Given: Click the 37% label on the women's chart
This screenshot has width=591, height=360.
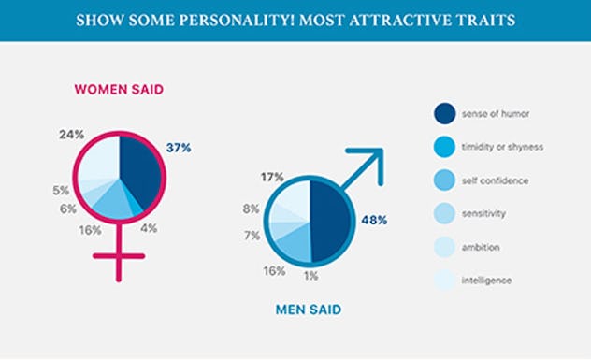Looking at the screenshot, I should tap(179, 148).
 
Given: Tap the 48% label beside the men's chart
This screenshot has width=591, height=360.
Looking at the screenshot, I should tap(372, 220).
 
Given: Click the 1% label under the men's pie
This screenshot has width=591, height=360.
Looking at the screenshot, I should tap(310, 276).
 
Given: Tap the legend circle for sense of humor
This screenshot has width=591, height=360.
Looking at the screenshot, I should tap(444, 113).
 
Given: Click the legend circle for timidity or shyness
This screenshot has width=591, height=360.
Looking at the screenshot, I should tap(444, 147).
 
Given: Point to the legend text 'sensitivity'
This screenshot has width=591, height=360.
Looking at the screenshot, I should tap(484, 214).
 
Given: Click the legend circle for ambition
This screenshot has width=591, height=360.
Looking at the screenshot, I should tap(444, 247).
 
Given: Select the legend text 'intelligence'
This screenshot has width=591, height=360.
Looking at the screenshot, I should tap(487, 281).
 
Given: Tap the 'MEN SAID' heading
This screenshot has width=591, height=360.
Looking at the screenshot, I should tap(308, 308).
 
